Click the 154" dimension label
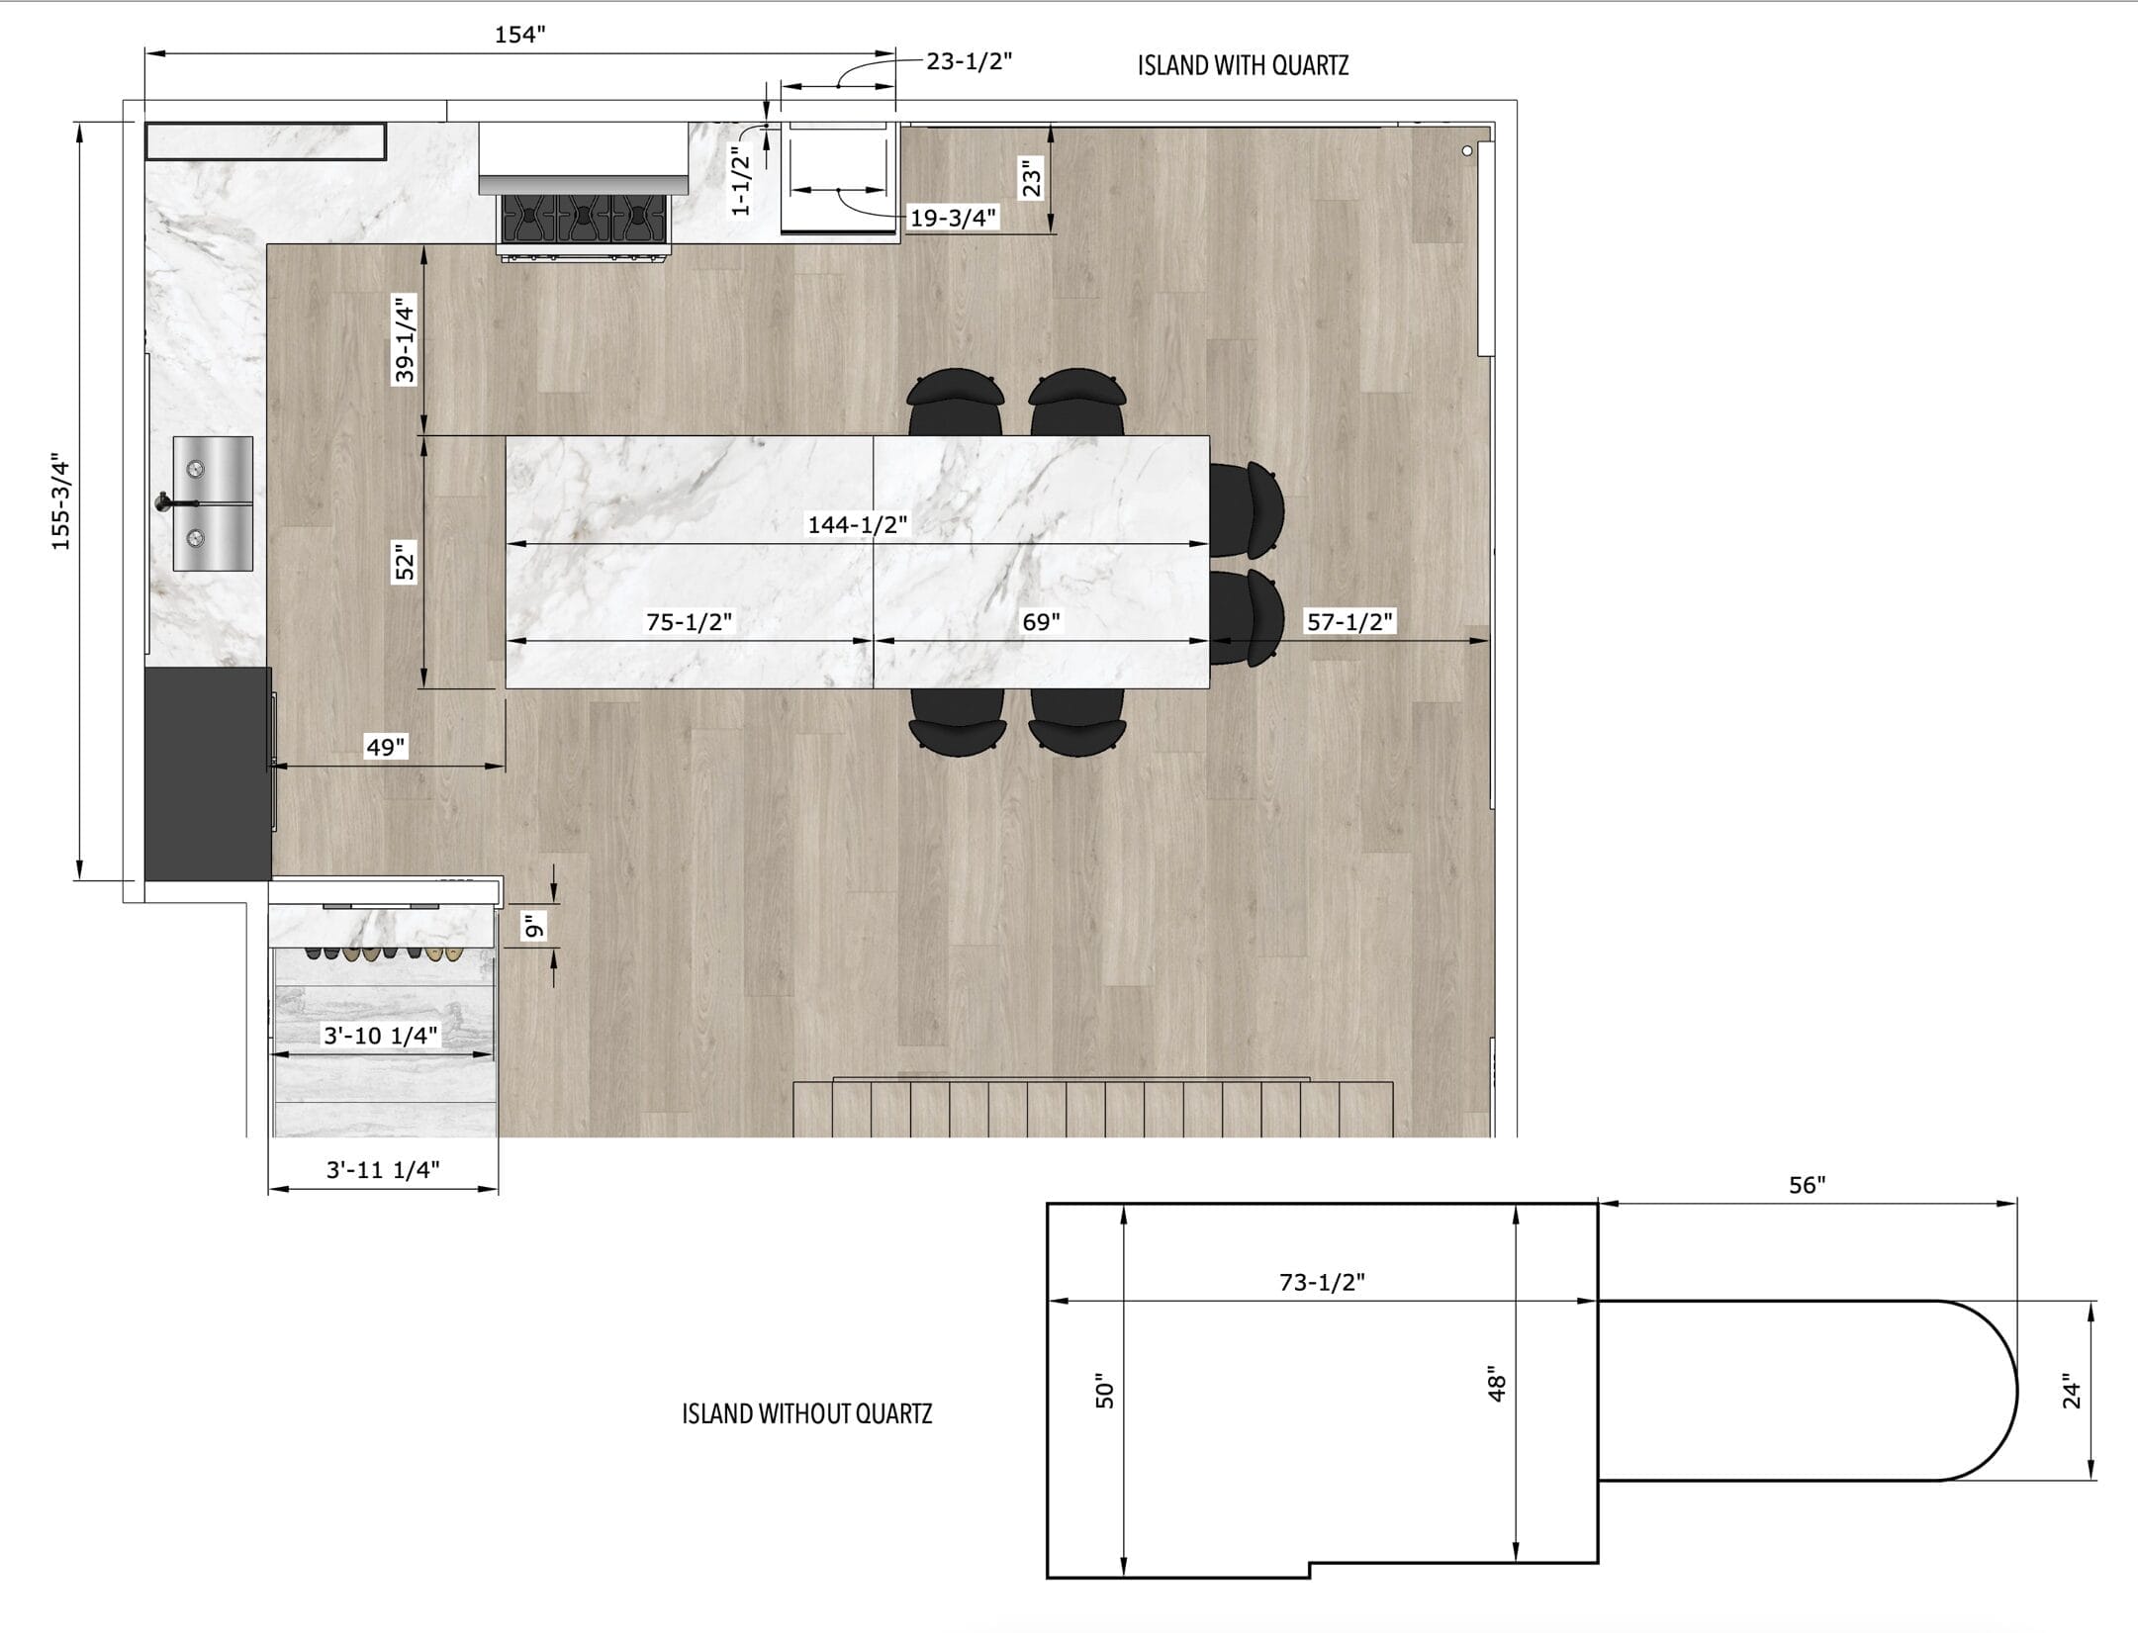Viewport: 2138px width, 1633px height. coord(520,36)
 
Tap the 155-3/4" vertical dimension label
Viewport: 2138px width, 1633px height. coord(61,502)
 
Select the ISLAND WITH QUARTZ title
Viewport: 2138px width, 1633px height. coord(1243,66)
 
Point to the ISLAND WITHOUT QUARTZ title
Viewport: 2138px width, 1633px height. coord(807,1413)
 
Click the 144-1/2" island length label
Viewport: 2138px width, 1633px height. coord(858,524)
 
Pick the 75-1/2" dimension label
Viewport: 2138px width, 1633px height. coord(690,621)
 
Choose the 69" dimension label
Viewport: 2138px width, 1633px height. coord(1041,621)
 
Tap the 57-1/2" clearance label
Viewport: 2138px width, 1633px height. coord(1350,621)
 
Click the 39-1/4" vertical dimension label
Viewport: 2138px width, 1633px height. coord(405,340)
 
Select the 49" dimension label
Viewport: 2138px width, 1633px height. coord(386,747)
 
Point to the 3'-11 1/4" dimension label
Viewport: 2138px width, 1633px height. coord(383,1169)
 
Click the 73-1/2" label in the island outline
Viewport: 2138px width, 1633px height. coord(1322,1282)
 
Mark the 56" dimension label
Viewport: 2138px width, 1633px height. coord(1807,1184)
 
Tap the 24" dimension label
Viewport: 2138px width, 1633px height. coord(2072,1392)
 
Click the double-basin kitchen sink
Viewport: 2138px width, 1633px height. coord(213,503)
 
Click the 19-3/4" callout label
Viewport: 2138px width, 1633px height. coord(953,218)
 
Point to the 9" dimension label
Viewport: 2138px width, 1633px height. coord(534,927)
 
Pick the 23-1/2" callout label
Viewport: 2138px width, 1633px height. coord(970,61)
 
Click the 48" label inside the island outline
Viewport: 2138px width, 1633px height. coord(1497,1388)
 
